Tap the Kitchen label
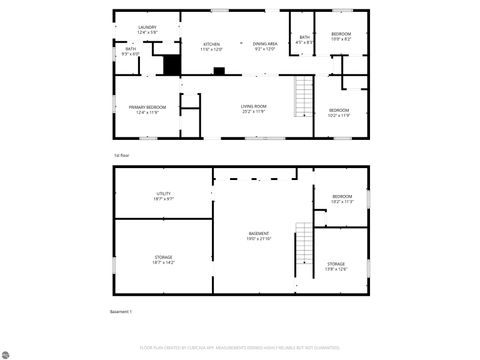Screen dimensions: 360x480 [x=212, y=46]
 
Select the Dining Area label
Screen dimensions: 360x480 [x=265, y=46]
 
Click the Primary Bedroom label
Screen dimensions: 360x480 [x=147, y=110]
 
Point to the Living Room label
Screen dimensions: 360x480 [x=253, y=109]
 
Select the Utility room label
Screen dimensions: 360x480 [x=163, y=196]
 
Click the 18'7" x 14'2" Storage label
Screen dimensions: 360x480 [x=163, y=259]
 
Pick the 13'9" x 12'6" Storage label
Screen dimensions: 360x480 [x=336, y=266]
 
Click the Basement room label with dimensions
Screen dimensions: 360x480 [x=259, y=236]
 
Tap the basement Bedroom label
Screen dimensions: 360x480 [x=342, y=198]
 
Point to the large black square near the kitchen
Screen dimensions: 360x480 [x=171, y=66]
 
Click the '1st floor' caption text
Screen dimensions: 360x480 [x=121, y=155]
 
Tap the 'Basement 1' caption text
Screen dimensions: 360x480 [x=121, y=311]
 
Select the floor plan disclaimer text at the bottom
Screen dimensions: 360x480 [x=240, y=349]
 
